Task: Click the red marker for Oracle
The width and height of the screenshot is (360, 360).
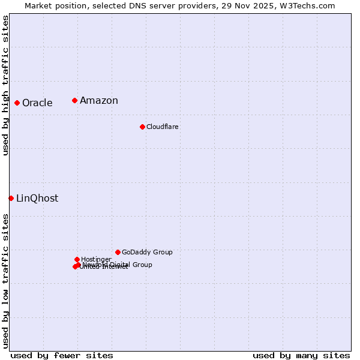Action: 17,103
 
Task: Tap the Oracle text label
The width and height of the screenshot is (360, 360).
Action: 37,103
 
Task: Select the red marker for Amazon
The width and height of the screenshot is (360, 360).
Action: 74,100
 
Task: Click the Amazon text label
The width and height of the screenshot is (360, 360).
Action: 99,100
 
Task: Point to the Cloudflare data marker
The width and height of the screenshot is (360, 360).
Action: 142,127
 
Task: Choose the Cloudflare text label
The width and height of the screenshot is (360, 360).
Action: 162,127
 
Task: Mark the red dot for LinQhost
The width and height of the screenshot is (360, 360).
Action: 11,198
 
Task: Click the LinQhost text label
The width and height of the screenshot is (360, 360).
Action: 37,198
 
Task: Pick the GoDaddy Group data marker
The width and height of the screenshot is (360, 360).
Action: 118,252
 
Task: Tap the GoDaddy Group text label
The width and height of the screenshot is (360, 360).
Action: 147,252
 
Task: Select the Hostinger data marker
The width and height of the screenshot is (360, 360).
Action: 77,259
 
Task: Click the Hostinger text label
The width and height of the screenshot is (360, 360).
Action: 96,259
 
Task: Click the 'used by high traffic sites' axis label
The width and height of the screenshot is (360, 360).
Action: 6,85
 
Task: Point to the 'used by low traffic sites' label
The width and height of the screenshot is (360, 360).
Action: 6,280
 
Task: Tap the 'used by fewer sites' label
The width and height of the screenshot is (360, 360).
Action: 62,355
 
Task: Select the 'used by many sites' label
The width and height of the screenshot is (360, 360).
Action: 301,355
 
